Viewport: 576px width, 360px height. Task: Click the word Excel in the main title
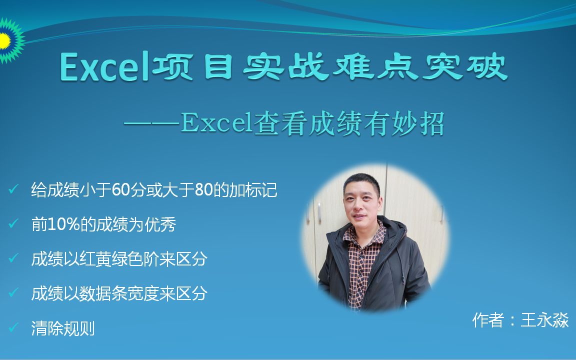(104, 66)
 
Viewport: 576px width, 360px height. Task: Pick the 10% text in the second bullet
(64, 224)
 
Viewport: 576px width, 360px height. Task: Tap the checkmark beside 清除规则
(13, 326)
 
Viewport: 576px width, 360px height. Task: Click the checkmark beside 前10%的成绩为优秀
(13, 223)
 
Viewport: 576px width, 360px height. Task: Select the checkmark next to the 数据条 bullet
(13, 292)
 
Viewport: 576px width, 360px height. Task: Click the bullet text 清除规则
(63, 328)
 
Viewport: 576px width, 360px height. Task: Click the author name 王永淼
(545, 320)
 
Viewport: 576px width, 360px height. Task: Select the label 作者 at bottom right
(488, 320)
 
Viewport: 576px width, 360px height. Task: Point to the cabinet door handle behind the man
(319, 212)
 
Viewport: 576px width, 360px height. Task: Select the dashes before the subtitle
(152, 124)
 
